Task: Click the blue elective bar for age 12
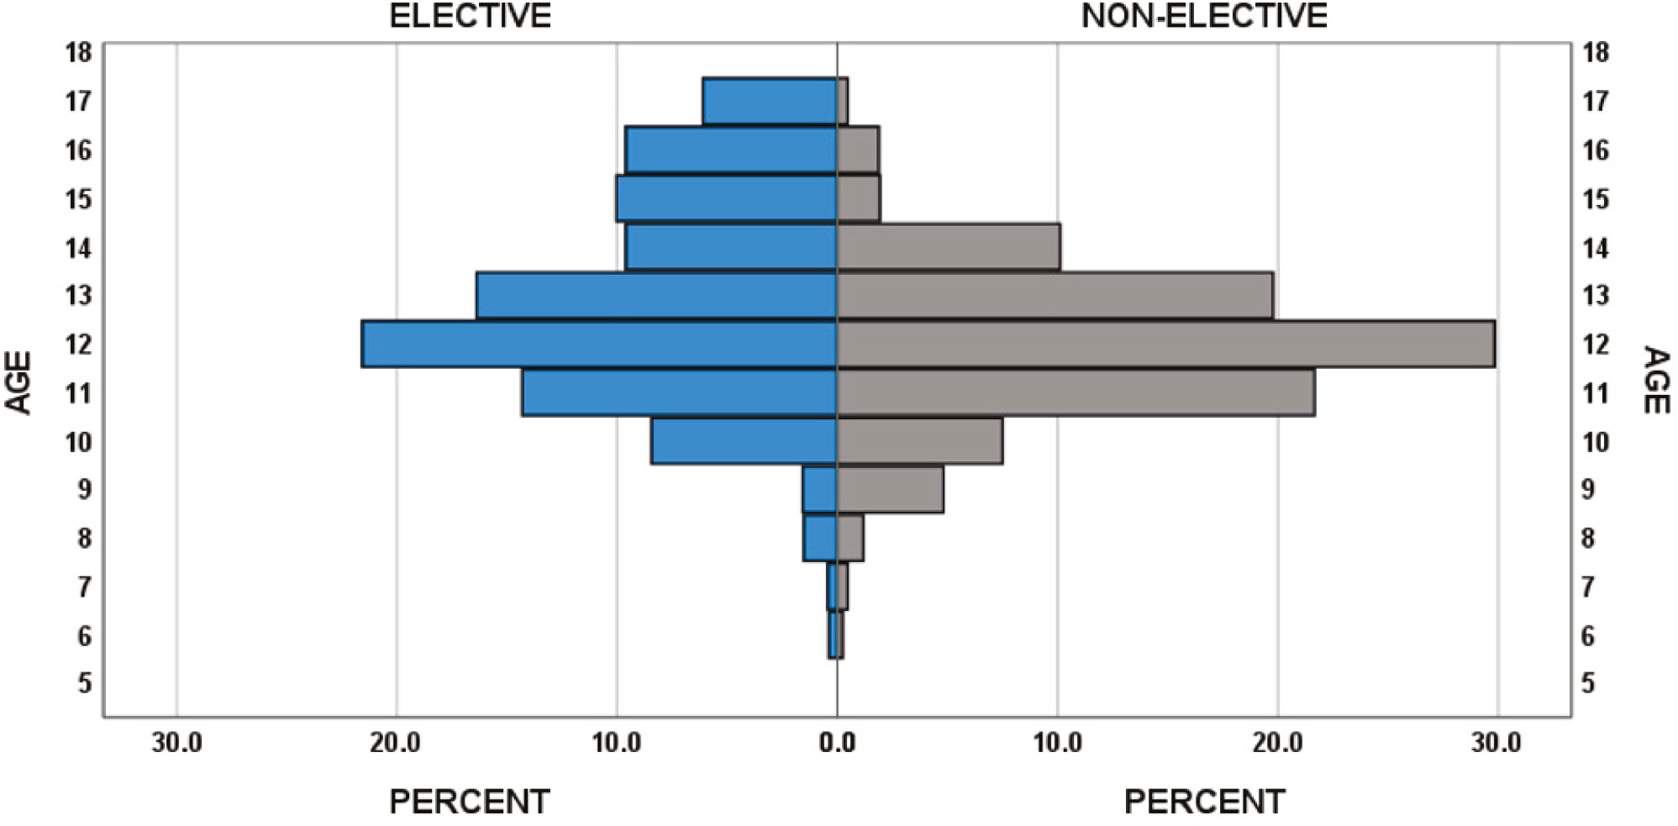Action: [x=599, y=344]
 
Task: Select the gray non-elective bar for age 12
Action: [x=1165, y=344]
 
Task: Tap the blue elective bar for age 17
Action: [x=770, y=101]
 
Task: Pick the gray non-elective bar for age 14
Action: [x=949, y=247]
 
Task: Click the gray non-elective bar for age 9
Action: [x=890, y=489]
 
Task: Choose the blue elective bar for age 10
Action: [x=744, y=440]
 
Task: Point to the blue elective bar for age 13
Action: [x=656, y=296]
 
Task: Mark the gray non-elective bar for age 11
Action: [x=1076, y=392]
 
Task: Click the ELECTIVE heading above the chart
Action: [x=470, y=16]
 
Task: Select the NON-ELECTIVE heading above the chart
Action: [x=1203, y=16]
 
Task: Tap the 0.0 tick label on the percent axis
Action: [x=837, y=743]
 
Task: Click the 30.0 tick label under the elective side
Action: [x=176, y=743]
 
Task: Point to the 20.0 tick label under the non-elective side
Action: [x=1277, y=743]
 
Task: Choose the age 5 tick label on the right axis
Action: [x=1587, y=683]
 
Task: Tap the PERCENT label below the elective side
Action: [x=469, y=802]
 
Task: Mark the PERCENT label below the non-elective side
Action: [x=1204, y=802]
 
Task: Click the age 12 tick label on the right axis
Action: [x=1595, y=344]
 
